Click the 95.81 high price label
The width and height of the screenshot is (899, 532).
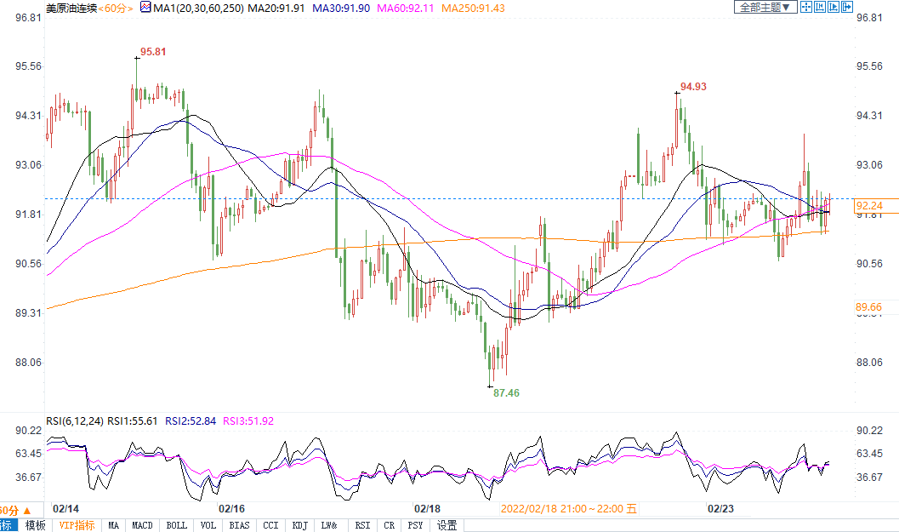tap(153, 51)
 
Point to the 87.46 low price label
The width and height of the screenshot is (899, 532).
tap(506, 393)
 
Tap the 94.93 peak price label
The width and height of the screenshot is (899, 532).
tap(694, 87)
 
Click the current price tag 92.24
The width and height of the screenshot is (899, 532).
tap(869, 205)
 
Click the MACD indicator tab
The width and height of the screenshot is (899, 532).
tap(142, 525)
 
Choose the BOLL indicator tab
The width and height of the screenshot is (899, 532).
tap(176, 525)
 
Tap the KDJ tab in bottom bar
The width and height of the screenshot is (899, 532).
tap(299, 525)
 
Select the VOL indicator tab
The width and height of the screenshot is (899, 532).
tap(208, 525)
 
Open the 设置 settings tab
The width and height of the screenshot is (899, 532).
tap(447, 525)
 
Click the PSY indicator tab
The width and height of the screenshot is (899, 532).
tap(415, 525)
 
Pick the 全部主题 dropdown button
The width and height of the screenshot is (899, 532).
tap(765, 7)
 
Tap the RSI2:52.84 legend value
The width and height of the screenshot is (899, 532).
tap(191, 420)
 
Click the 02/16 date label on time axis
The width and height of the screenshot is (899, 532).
tap(232, 508)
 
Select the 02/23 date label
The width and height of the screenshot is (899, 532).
tap(721, 508)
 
